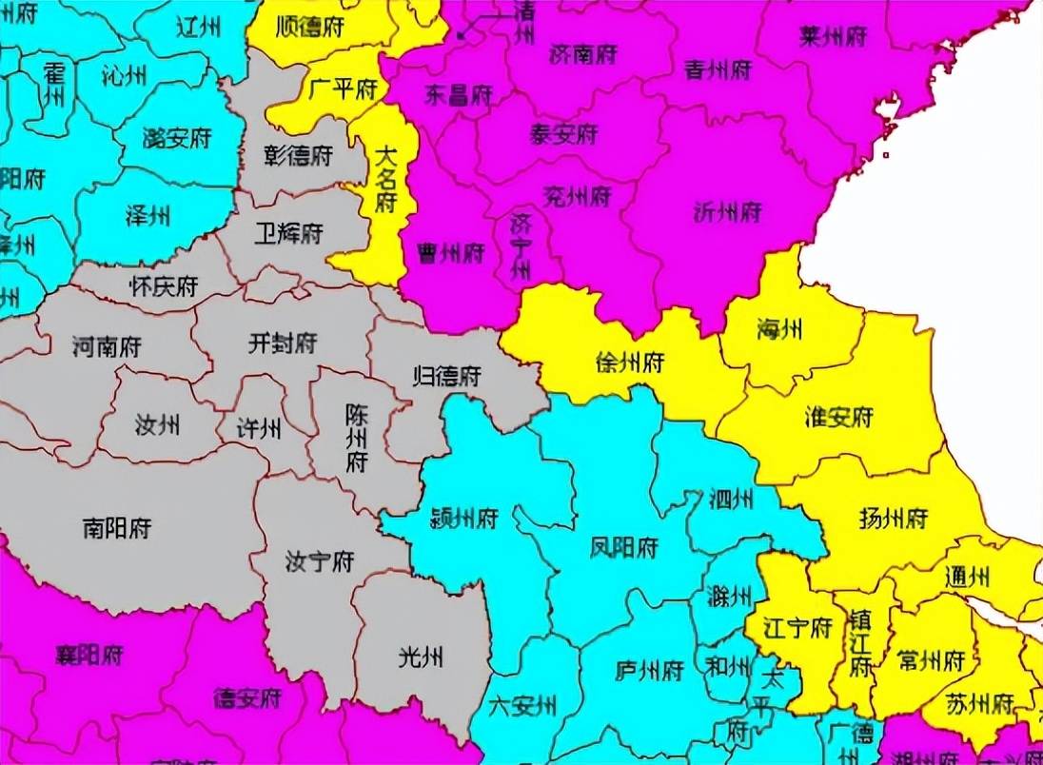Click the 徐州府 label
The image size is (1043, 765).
629,363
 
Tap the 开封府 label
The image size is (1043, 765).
282,343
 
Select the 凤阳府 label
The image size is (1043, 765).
624,548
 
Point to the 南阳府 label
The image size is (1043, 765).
117,526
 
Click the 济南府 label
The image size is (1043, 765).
583,54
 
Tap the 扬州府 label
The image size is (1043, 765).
893,519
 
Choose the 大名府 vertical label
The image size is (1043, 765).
385,178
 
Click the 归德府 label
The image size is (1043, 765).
447,375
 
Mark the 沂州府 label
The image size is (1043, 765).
728,211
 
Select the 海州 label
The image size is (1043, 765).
779,330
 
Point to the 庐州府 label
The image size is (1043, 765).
650,670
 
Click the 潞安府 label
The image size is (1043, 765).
176,139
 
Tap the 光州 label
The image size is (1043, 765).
421,656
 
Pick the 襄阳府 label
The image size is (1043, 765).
90,655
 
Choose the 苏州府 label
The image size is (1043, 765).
979,703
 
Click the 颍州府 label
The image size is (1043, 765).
464,519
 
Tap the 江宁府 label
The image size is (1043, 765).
798,628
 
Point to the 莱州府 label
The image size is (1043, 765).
834,37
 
